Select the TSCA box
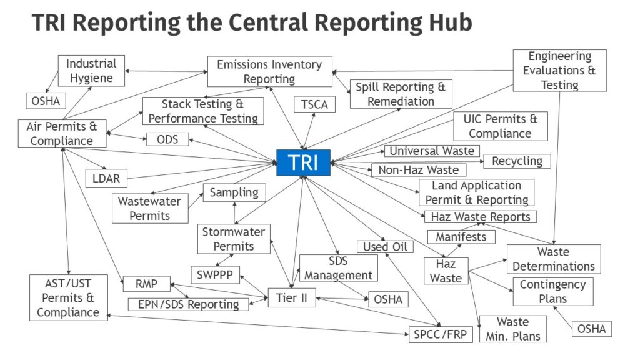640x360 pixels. tap(314, 104)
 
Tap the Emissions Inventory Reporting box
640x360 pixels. tap(269, 71)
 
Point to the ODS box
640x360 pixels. tap(167, 139)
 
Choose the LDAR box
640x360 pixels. tap(106, 179)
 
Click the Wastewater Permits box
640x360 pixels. tap(150, 208)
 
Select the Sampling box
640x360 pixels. tap(234, 192)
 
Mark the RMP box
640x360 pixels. tap(146, 284)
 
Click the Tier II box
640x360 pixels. tap(291, 297)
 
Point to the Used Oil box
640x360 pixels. tap(384, 247)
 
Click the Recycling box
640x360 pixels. tap(517, 161)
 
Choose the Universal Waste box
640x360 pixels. tap(432, 151)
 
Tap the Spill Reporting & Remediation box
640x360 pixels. tap(401, 94)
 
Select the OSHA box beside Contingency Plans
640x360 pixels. tap(591, 329)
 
